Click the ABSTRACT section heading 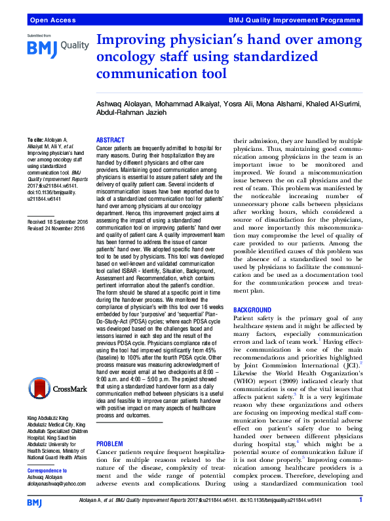(110, 140)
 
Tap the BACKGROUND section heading (252, 309)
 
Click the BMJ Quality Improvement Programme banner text (295, 21)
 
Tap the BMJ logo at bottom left (35, 503)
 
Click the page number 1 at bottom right (361, 501)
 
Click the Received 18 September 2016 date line (57, 222)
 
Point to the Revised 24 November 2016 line (56, 229)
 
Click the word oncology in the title (123, 56)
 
